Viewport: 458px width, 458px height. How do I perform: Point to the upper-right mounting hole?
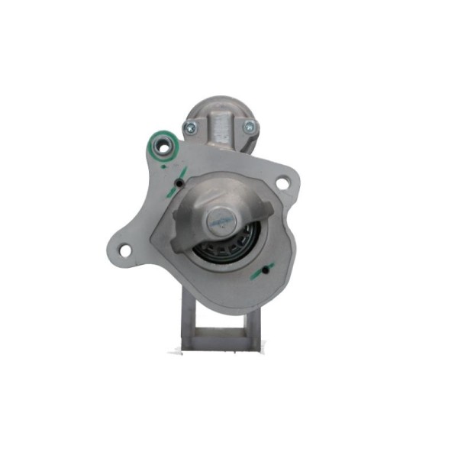(x=282, y=182)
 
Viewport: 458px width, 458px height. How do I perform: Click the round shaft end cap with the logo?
(x=221, y=219)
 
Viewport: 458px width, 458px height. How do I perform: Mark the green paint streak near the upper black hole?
(x=180, y=172)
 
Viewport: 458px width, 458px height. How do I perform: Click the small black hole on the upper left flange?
(x=178, y=183)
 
